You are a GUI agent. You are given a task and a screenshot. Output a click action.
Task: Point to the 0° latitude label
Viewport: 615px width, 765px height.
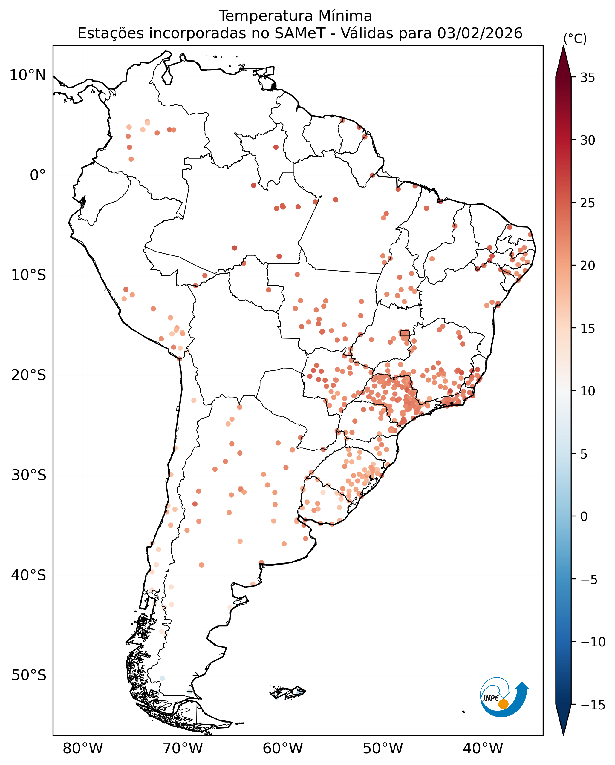point(38,175)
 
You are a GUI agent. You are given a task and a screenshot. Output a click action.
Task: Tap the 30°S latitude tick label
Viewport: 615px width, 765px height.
point(28,475)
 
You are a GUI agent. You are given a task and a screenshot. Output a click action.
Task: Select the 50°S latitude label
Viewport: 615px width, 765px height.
point(28,675)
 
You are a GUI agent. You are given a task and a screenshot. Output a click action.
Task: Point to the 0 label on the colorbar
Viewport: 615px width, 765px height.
point(584,517)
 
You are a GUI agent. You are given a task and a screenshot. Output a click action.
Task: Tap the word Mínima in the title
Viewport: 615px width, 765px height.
point(345,16)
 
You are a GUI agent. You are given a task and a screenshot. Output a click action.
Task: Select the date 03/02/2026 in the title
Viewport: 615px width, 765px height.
point(480,34)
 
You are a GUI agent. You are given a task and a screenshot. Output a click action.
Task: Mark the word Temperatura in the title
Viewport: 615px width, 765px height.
point(266,16)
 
